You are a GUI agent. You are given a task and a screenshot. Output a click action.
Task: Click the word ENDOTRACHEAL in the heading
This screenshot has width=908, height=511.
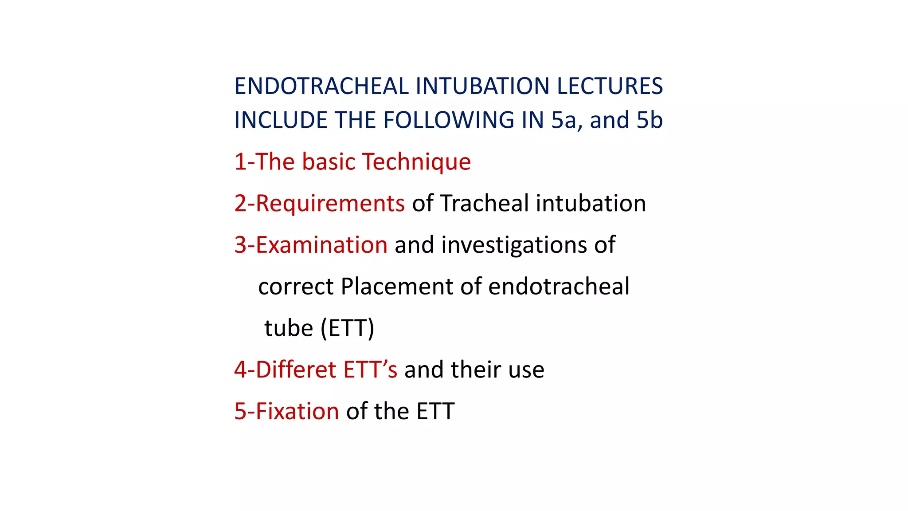(x=321, y=86)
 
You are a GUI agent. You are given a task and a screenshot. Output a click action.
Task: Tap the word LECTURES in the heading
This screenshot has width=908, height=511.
(x=610, y=86)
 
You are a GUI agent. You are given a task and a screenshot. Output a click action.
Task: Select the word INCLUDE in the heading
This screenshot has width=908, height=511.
(x=281, y=120)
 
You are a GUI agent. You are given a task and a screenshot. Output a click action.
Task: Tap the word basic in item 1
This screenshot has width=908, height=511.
(x=329, y=162)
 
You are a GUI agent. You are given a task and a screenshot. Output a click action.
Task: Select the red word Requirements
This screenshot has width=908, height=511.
(x=330, y=204)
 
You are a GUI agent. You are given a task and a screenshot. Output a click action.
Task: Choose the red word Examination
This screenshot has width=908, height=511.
(x=321, y=245)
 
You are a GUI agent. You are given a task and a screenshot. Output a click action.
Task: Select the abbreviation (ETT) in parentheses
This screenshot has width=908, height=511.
(x=347, y=328)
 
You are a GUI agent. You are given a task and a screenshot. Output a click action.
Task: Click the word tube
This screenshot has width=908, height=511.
(x=289, y=328)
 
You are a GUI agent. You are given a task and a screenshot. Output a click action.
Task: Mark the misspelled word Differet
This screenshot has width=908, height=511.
(x=296, y=369)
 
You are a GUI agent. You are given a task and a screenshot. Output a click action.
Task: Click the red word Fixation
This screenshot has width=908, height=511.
(x=297, y=411)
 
